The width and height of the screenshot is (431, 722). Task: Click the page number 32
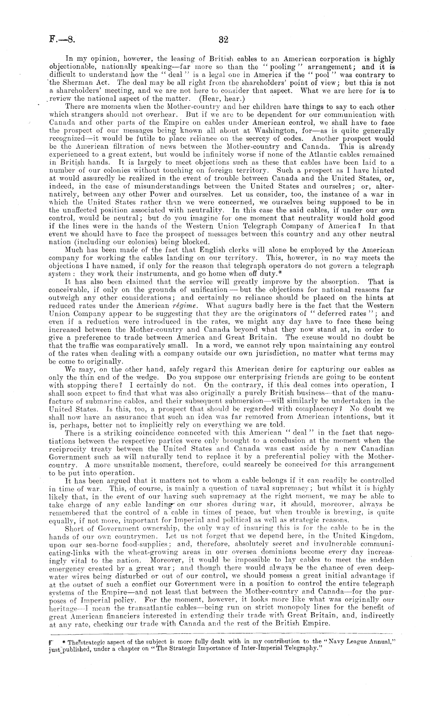[224, 39]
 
